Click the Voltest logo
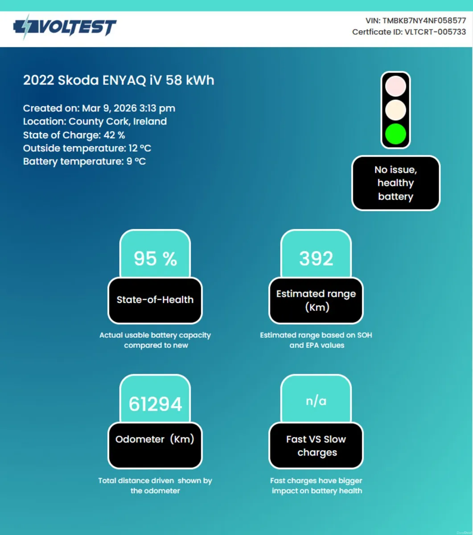[x=65, y=27]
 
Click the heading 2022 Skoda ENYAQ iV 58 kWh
[x=119, y=80]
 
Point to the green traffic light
[x=395, y=134]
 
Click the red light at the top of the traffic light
[x=395, y=86]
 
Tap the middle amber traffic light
[x=395, y=110]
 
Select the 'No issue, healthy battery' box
[x=395, y=183]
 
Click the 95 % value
[x=155, y=259]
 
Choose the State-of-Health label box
[x=155, y=300]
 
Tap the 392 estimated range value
[x=316, y=259]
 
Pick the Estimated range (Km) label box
[x=316, y=300]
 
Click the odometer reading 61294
[x=155, y=404]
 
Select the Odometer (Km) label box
[x=155, y=440]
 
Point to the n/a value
[x=316, y=401]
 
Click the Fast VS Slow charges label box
[x=316, y=445]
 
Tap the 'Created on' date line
[x=99, y=108]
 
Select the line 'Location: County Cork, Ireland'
[x=95, y=122]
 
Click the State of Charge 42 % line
[x=74, y=135]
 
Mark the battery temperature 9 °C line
[x=84, y=161]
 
